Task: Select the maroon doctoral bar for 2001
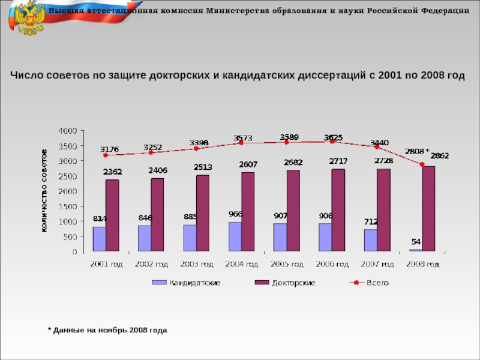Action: (112, 215)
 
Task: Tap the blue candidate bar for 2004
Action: (235, 236)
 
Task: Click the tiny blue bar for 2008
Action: (416, 250)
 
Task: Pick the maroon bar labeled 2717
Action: (338, 210)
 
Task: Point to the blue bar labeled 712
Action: (370, 240)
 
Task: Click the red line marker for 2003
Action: (196, 148)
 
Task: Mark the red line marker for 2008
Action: (422, 164)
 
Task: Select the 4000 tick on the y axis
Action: (67, 130)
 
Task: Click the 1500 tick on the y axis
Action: (67, 206)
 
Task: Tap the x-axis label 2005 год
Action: (287, 264)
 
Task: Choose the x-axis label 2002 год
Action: (151, 264)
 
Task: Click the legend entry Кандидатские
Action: (194, 283)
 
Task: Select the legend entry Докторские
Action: (293, 283)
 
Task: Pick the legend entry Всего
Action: (378, 283)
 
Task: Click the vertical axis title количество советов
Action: (45, 191)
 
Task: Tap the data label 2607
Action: (248, 164)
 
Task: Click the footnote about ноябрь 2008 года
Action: (107, 330)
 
